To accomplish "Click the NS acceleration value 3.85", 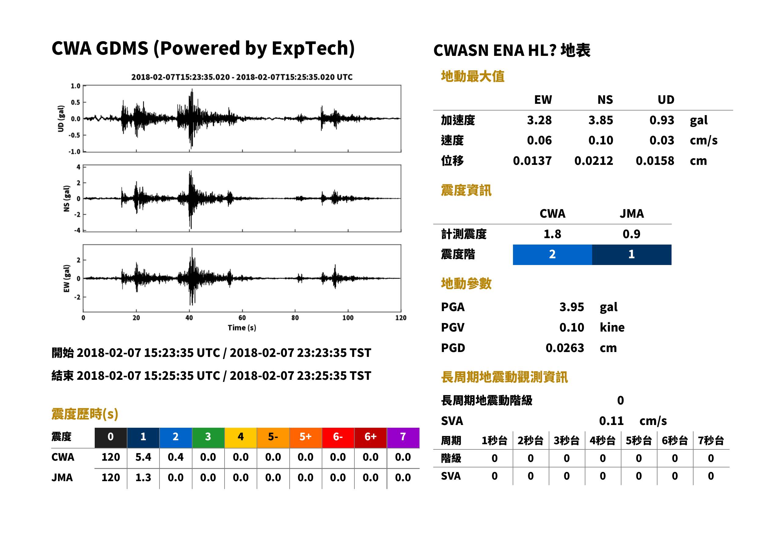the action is pos(600,120).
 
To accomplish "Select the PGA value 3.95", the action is pos(571,307).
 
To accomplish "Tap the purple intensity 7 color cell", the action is pos(403,437).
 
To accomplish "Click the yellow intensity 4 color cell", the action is pos(241,437).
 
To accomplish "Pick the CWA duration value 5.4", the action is pos(143,457).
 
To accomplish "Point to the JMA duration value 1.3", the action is pos(143,477).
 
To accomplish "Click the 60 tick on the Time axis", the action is pos(242,318).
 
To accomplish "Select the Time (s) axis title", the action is pos(242,328).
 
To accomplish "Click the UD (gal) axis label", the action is pos(61,118).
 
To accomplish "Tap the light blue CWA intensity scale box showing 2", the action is pos(552,255).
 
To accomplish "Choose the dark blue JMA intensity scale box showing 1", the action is pos(632,255).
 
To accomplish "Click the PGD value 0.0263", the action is pos(565,348).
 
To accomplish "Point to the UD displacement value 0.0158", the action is pos(655,161).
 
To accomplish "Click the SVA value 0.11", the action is pos(611,421).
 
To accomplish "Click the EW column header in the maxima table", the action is pos(543,100).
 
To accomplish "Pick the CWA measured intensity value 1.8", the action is pos(552,234).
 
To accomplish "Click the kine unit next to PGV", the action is pos(612,328).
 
